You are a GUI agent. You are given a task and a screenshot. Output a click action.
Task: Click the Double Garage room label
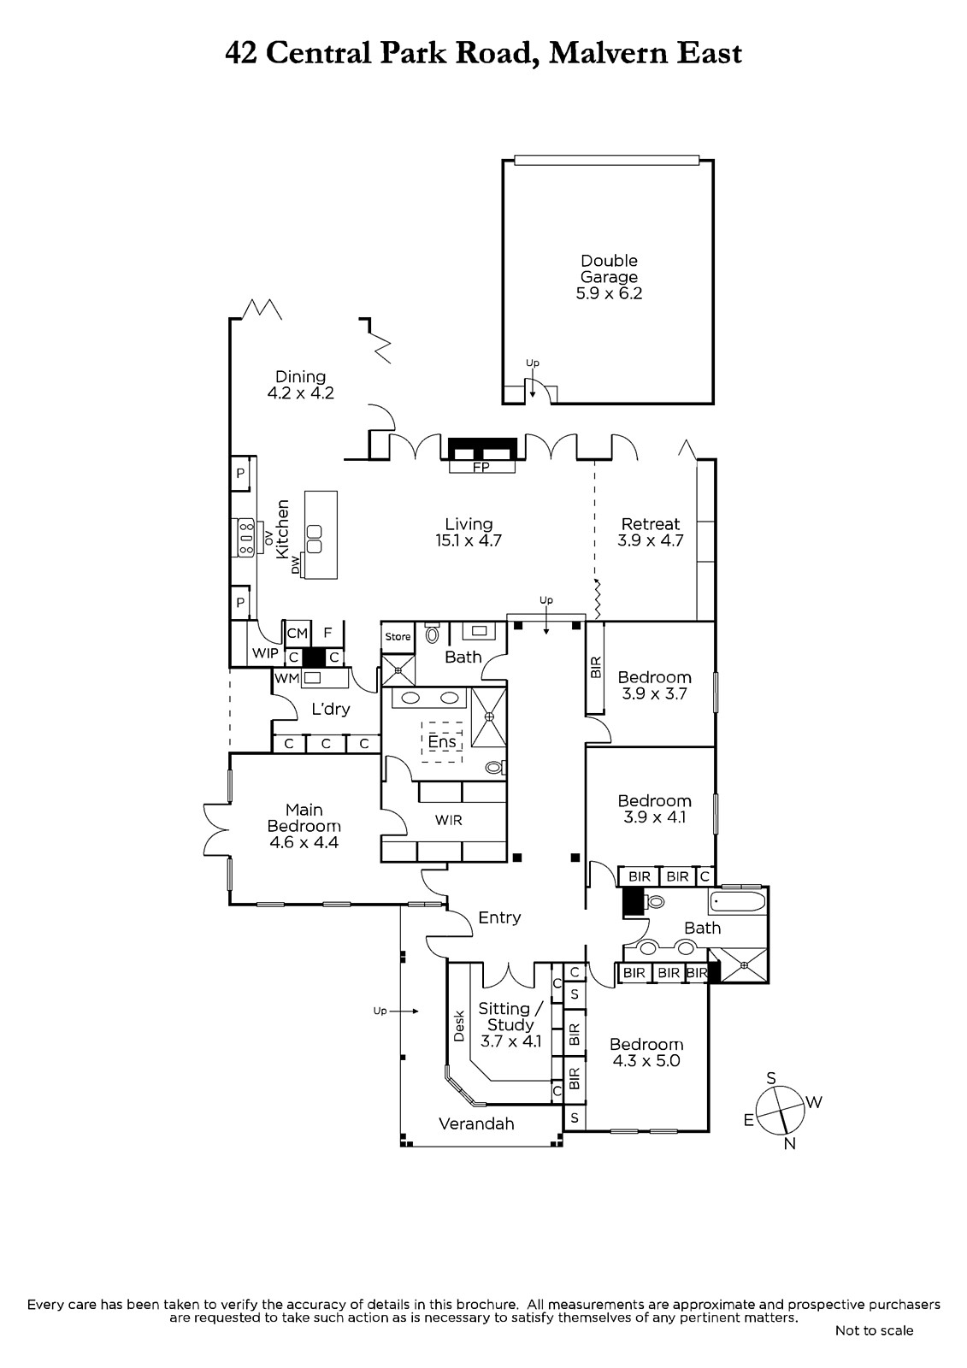pos(609,277)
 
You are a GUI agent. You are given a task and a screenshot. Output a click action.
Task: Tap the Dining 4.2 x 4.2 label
pos(301,385)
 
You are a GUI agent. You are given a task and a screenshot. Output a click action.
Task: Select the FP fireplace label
pos(481,467)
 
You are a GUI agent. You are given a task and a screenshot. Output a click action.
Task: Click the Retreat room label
pos(651,523)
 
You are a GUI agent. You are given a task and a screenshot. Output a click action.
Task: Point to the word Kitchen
pos(282,529)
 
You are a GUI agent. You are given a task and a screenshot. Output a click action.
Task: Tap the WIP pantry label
pos(265,653)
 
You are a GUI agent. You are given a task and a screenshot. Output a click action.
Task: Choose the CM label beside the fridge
pos(297,634)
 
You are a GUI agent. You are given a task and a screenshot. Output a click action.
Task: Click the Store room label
pos(398,636)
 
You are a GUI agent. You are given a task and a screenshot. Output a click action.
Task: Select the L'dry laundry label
pos(331,709)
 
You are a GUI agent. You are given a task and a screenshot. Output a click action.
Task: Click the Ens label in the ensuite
pos(442,741)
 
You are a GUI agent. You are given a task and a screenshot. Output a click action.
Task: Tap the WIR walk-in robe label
pos(448,820)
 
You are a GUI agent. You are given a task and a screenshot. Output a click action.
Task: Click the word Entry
pos(499,917)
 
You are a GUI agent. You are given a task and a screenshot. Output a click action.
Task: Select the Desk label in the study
pos(459,1026)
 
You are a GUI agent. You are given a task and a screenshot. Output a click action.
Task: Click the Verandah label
pos(476,1123)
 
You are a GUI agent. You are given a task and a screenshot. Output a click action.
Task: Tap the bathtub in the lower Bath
pos(736,901)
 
